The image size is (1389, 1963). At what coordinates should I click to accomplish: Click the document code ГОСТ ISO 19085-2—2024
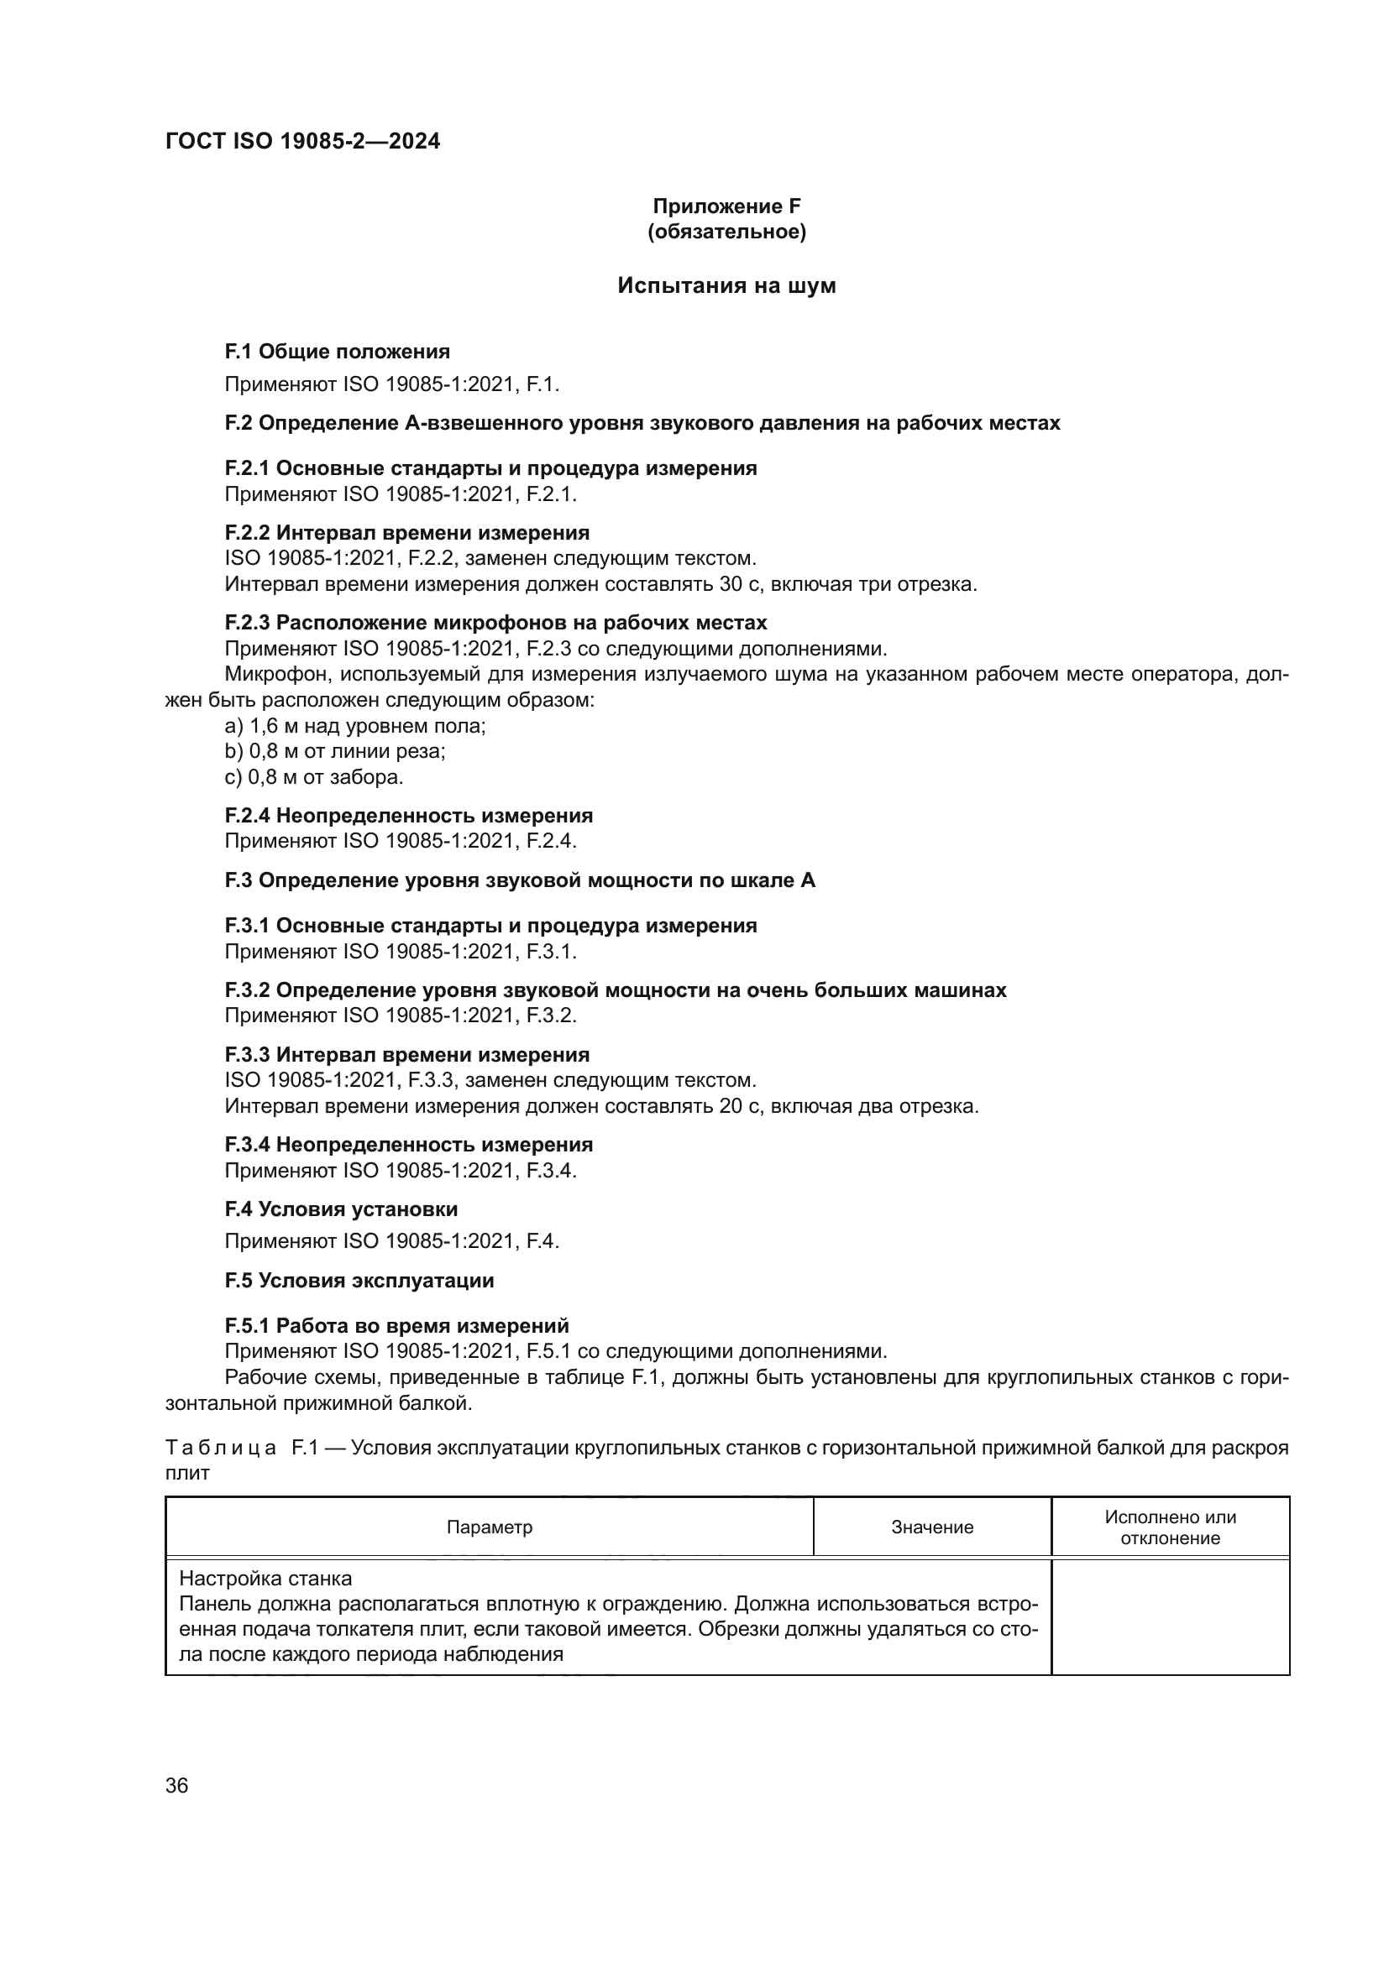[x=303, y=141]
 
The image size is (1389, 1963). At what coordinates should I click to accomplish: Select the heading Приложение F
[x=726, y=206]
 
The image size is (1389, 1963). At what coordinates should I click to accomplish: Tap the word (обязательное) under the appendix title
[x=726, y=232]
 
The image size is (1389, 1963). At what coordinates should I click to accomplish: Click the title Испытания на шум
[x=726, y=285]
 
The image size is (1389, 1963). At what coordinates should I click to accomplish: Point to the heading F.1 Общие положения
[x=337, y=352]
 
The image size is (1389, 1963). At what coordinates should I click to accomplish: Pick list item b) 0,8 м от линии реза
[x=335, y=751]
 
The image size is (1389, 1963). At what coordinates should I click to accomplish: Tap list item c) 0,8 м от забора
[x=314, y=777]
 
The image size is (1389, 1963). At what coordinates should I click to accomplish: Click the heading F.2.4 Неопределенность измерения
[x=409, y=816]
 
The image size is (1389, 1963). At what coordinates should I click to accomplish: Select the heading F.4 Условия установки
[x=341, y=1209]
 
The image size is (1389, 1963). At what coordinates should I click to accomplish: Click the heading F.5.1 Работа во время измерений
[x=397, y=1326]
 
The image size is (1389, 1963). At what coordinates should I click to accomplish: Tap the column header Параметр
[x=490, y=1527]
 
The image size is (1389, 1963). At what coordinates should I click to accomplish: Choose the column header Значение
[x=931, y=1527]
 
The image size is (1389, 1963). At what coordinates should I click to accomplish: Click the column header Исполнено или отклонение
[x=1169, y=1527]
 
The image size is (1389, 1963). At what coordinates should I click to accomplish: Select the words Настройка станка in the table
[x=265, y=1579]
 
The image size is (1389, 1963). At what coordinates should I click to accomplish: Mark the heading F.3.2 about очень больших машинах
[x=615, y=990]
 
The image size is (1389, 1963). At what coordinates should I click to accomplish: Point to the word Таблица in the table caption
[x=221, y=1448]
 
